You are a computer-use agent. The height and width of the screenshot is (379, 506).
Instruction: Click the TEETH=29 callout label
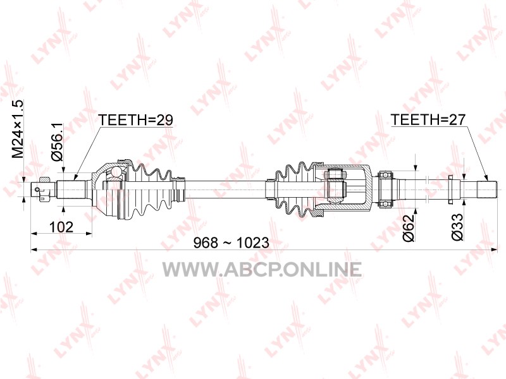click(135, 120)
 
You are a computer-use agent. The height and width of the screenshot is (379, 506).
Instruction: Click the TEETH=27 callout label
click(428, 120)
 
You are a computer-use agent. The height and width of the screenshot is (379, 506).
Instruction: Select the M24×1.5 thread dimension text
click(18, 129)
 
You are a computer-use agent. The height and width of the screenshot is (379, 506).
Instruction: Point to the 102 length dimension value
click(61, 227)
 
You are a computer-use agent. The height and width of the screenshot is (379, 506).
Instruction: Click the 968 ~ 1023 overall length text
click(231, 243)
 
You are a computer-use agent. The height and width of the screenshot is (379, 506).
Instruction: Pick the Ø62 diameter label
click(408, 227)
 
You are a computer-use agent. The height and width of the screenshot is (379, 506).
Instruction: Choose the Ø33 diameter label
click(457, 227)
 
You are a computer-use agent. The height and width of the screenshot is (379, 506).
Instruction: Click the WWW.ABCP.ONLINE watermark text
click(262, 270)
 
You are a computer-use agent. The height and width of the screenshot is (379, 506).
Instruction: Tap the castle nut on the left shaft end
click(44, 189)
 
